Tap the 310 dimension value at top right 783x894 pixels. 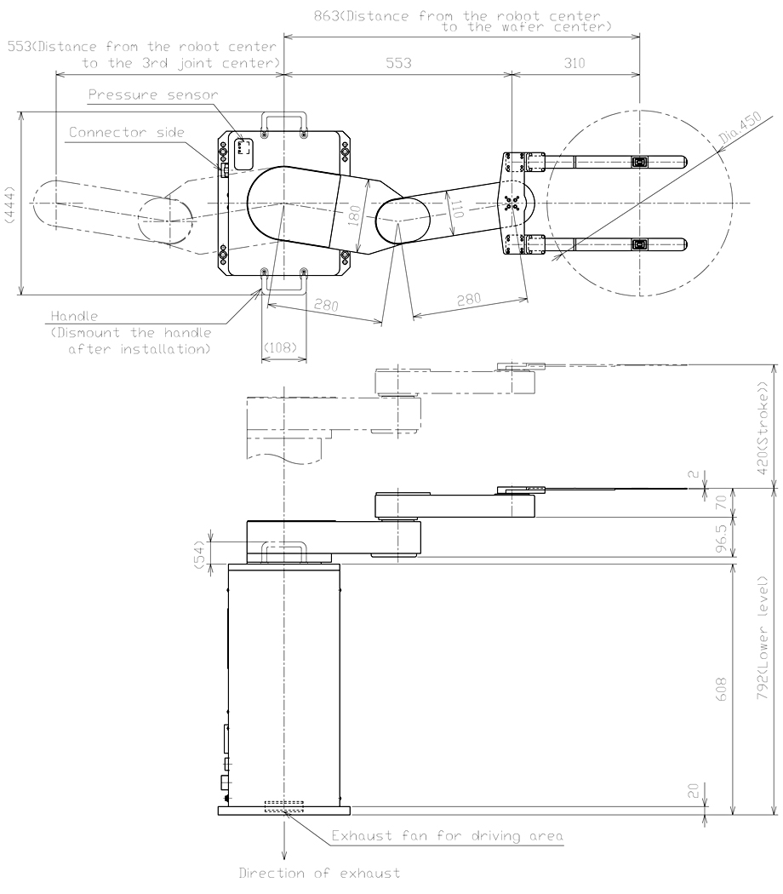[x=574, y=62]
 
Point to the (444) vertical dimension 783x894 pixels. [x=10, y=202]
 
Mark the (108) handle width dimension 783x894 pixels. [x=283, y=348]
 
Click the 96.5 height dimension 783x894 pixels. [x=722, y=537]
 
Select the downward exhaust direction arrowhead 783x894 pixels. [x=283, y=858]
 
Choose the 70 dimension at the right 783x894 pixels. [x=722, y=503]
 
